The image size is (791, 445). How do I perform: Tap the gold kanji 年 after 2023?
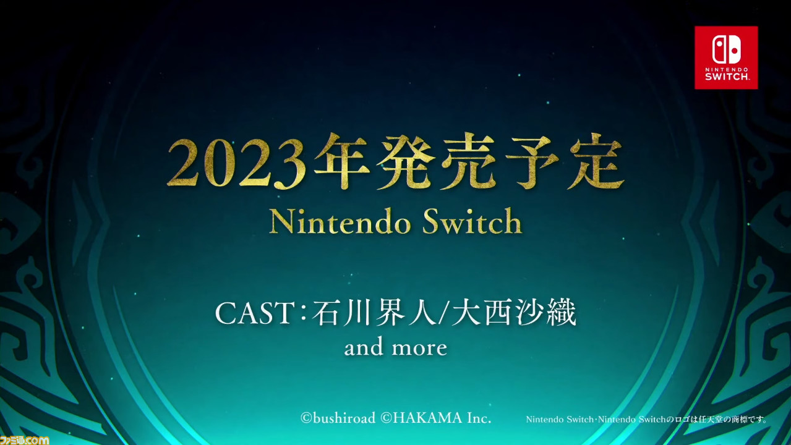click(x=341, y=161)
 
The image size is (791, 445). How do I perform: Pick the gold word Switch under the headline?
click(x=472, y=221)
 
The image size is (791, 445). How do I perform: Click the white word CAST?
click(x=254, y=313)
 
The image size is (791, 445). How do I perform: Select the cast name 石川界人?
click(x=374, y=313)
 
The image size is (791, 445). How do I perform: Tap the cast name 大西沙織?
click(x=514, y=313)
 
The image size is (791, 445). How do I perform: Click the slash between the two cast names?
click(x=444, y=313)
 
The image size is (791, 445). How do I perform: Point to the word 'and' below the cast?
click(x=364, y=347)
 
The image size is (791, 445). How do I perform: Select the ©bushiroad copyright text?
click(x=338, y=418)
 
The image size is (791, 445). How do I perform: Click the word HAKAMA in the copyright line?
click(x=427, y=418)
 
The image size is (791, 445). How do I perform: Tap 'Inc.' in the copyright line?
click(x=479, y=418)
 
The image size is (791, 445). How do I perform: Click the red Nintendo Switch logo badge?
click(x=726, y=57)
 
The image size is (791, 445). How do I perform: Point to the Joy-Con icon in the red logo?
click(x=727, y=49)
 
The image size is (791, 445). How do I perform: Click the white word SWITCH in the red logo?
click(x=727, y=76)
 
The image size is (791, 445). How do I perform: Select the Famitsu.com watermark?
click(x=24, y=440)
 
